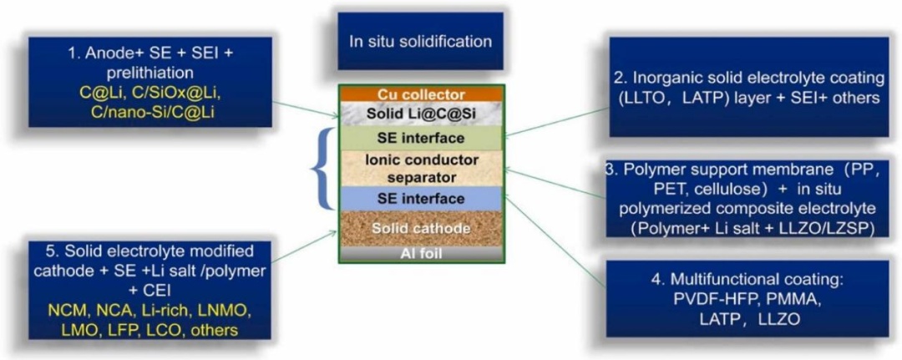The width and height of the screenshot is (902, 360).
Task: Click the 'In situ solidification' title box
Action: (420, 41)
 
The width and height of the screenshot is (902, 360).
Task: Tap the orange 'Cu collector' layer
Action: (421, 94)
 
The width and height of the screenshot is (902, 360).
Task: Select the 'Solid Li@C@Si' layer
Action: (421, 114)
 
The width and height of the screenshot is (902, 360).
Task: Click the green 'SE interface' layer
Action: (421, 137)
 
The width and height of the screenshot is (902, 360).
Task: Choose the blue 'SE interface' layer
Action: (421, 199)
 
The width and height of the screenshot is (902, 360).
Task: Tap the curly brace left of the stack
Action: (321, 168)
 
